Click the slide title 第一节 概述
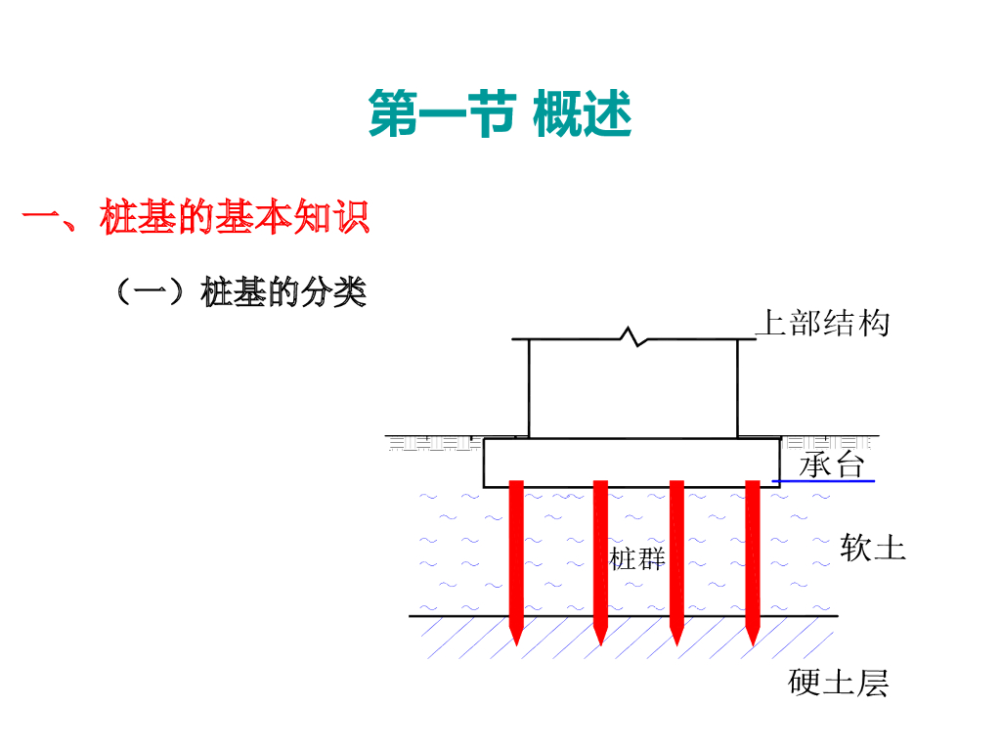point(500,114)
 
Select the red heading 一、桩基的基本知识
point(196,217)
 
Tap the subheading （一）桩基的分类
point(240,291)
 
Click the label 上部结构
point(822,323)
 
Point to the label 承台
point(832,464)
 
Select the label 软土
point(873,548)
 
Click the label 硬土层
point(839,683)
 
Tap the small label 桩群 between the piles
point(637,559)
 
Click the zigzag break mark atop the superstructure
point(633,337)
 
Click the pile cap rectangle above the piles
point(631,462)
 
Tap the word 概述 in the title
point(583,114)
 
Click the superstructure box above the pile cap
point(632,389)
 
